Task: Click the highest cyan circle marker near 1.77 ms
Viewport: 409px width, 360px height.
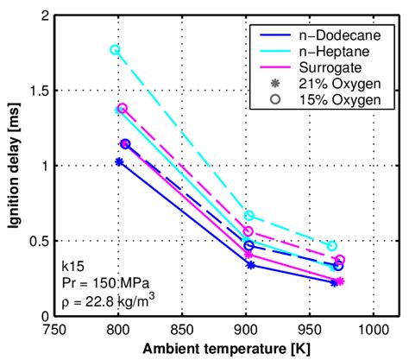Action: pos(116,50)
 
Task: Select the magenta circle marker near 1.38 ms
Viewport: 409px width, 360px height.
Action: pos(123,109)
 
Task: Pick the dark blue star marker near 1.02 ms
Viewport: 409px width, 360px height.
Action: pos(119,161)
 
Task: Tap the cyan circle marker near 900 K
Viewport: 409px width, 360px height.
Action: pos(249,216)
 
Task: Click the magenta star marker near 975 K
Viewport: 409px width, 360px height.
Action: pos(340,281)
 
